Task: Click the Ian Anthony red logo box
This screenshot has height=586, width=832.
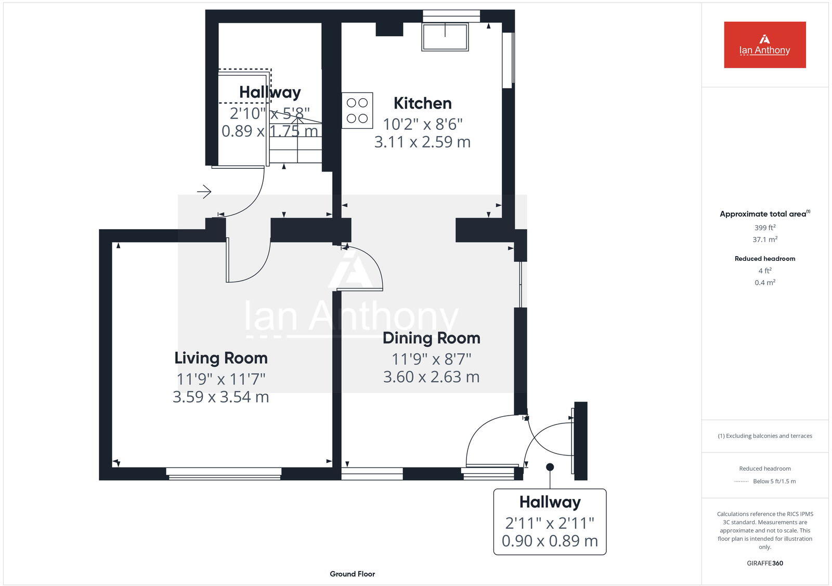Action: (764, 45)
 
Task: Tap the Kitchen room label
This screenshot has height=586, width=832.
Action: (422, 103)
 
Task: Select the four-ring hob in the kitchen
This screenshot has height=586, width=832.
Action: (357, 110)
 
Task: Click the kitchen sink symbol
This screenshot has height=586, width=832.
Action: (445, 37)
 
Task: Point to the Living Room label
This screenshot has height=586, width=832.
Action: (221, 358)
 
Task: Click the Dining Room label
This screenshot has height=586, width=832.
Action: (431, 338)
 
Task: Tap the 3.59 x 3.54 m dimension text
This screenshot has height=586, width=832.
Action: (221, 397)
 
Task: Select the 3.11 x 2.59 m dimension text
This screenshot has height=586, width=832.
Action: (422, 142)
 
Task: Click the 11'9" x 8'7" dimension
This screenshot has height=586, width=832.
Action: (431, 359)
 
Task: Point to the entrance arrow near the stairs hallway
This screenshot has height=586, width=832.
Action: (204, 192)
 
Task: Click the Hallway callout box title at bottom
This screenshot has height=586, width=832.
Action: (550, 502)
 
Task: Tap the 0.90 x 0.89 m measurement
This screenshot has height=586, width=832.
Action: (550, 541)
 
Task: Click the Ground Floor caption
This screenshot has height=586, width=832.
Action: (352, 574)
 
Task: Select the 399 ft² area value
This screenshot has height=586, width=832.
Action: (764, 228)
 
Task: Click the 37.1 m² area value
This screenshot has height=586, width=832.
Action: (764, 239)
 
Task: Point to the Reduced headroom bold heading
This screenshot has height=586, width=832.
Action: (764, 258)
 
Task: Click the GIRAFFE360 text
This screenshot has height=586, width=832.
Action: (764, 563)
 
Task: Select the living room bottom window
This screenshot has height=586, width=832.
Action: (224, 473)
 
